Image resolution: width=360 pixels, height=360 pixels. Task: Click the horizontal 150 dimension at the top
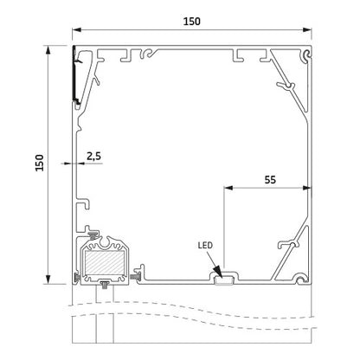[192, 22]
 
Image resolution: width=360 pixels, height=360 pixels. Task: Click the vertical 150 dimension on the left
[40, 163]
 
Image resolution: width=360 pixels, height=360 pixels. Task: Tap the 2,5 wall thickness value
[93, 156]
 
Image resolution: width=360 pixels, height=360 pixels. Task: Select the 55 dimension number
[270, 179]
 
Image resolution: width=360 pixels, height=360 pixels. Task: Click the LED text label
[205, 245]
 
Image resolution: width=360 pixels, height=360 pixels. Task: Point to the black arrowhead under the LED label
[218, 272]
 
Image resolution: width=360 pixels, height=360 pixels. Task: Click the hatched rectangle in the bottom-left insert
[105, 262]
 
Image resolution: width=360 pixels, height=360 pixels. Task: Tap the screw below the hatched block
[104, 286]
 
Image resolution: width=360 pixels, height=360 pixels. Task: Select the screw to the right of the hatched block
[135, 277]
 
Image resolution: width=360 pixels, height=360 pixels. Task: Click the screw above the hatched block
[93, 235]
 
